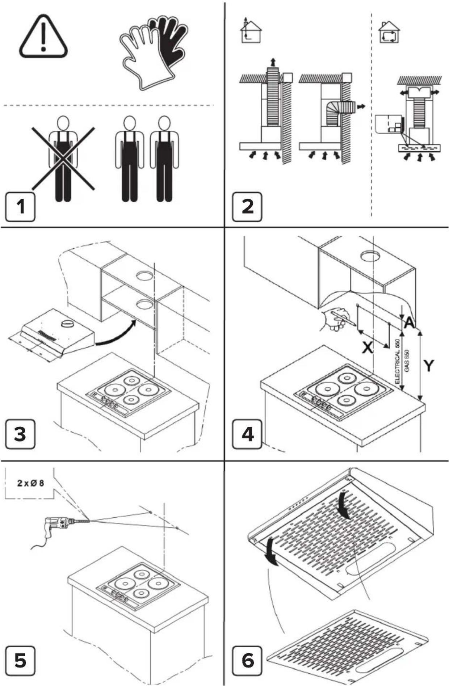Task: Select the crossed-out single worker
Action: pyautogui.click(x=63, y=159)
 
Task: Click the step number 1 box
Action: pyautogui.click(x=20, y=207)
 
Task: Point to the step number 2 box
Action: pyautogui.click(x=247, y=207)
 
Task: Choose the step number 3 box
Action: pyautogui.click(x=20, y=434)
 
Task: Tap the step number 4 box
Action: pyautogui.click(x=247, y=434)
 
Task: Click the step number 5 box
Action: pyautogui.click(x=20, y=661)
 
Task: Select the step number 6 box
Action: pyautogui.click(x=247, y=661)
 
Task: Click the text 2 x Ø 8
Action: pyautogui.click(x=31, y=483)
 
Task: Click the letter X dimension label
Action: pyautogui.click(x=368, y=348)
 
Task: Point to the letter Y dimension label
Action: pyautogui.click(x=429, y=366)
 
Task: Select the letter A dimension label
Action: pyautogui.click(x=409, y=323)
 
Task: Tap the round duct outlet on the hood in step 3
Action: pyautogui.click(x=67, y=324)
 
